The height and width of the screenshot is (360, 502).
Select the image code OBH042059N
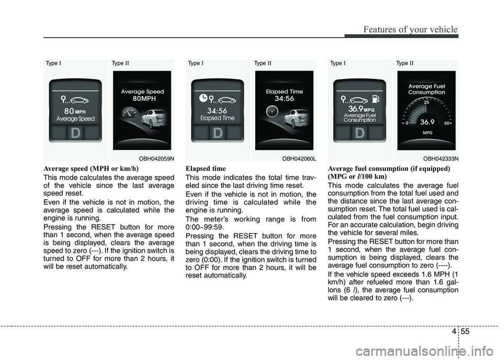(156, 158)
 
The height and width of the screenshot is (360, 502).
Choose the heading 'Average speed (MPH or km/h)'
(91, 169)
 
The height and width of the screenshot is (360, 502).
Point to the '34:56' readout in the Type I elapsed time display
(217, 111)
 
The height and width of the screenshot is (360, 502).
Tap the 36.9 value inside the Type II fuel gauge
(427, 122)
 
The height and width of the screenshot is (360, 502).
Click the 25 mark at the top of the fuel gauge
(426, 103)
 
